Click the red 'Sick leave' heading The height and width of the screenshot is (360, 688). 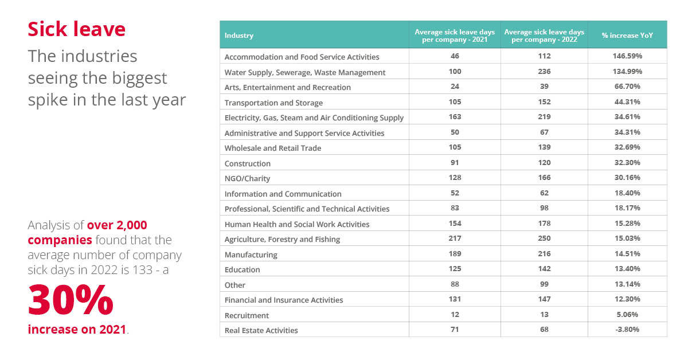(x=76, y=29)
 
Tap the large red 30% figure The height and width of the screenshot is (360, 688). (x=71, y=299)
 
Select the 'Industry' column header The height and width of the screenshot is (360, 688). (x=239, y=36)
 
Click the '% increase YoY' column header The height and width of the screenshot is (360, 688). (x=627, y=36)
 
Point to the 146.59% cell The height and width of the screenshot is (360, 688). (x=627, y=56)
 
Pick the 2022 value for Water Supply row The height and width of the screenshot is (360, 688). (x=544, y=71)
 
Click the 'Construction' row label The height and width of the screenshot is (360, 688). (x=248, y=163)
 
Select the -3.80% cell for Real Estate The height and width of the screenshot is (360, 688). (x=627, y=330)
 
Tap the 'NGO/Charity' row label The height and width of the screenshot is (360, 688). (x=247, y=178)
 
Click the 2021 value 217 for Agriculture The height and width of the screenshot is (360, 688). (x=455, y=238)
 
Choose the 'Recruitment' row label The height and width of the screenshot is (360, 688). (x=247, y=315)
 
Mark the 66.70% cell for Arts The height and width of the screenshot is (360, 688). (x=627, y=87)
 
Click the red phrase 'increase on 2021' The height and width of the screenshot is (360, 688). (x=77, y=329)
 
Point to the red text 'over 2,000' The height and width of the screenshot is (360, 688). (x=117, y=225)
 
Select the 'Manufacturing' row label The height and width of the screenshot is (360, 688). (x=251, y=255)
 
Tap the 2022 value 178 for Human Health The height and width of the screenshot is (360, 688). (x=544, y=224)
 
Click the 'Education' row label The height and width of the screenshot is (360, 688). (x=243, y=269)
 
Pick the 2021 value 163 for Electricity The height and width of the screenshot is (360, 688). (x=455, y=117)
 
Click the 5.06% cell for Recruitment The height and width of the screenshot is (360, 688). (x=627, y=315)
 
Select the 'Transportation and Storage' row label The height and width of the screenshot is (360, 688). (x=273, y=103)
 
